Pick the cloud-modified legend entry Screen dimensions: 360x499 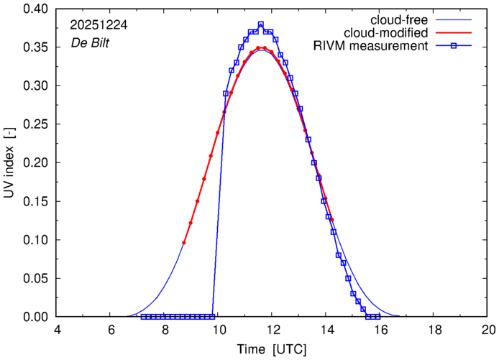pyautogui.click(x=387, y=33)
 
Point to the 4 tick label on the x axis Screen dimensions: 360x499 pyautogui.click(x=58, y=329)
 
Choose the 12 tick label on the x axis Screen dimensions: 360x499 pyautogui.click(x=273, y=329)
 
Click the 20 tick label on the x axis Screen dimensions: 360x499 pyautogui.click(x=488, y=329)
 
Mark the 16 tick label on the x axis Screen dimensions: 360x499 pyautogui.click(x=380, y=329)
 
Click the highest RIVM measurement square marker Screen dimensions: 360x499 pyautogui.click(x=260, y=24)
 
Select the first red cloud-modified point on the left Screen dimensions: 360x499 pyautogui.click(x=184, y=243)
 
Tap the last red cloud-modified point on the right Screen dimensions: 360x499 pyautogui.click(x=332, y=219)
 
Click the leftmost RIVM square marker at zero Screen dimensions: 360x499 pyautogui.click(x=143, y=316)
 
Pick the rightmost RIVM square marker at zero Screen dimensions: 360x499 pyautogui.click(x=377, y=316)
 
